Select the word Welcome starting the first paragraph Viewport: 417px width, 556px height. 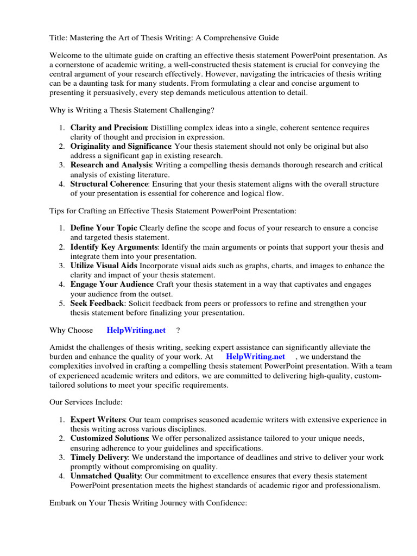point(66,55)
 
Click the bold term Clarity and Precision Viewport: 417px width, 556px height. point(104,128)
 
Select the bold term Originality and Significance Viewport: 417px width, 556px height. point(121,147)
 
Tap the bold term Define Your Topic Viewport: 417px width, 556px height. point(104,228)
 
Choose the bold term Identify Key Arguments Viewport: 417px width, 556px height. point(113,247)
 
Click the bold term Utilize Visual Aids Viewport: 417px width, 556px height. point(104,266)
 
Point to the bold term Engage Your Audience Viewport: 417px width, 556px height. point(112,285)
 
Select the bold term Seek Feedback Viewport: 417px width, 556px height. point(97,303)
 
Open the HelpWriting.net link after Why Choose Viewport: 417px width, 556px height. point(136,330)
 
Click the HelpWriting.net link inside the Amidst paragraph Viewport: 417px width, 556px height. point(255,357)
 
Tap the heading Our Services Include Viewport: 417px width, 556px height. point(86,402)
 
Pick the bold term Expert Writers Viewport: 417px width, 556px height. point(98,420)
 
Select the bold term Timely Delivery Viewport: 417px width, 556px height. point(100,457)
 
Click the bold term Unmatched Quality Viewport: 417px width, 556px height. point(105,476)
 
